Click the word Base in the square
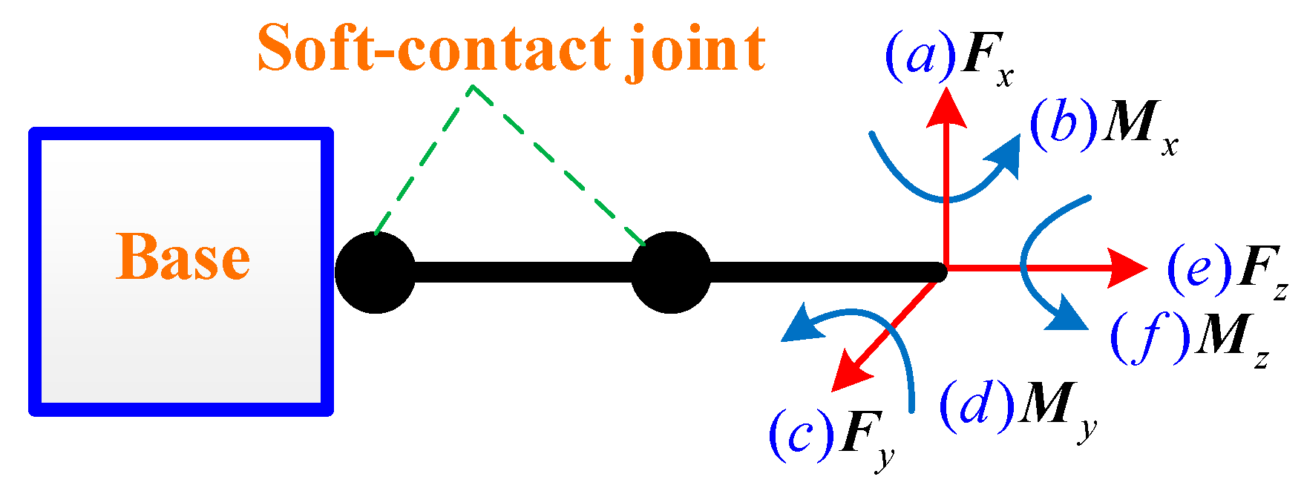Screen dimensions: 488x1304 point(183,257)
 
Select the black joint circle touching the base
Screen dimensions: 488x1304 point(376,272)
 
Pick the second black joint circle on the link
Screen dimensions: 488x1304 point(671,272)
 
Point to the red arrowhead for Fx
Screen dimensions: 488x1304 point(946,108)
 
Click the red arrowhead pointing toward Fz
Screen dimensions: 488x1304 point(1127,268)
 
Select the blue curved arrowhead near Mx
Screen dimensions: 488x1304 point(1004,156)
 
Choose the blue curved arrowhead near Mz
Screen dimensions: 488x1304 point(1066,313)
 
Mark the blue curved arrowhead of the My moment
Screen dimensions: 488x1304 point(805,325)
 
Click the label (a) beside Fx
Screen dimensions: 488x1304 point(921,55)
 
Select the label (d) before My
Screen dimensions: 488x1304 point(977,404)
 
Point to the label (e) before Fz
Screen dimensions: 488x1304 point(1199,268)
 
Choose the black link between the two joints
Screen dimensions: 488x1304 point(523,272)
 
